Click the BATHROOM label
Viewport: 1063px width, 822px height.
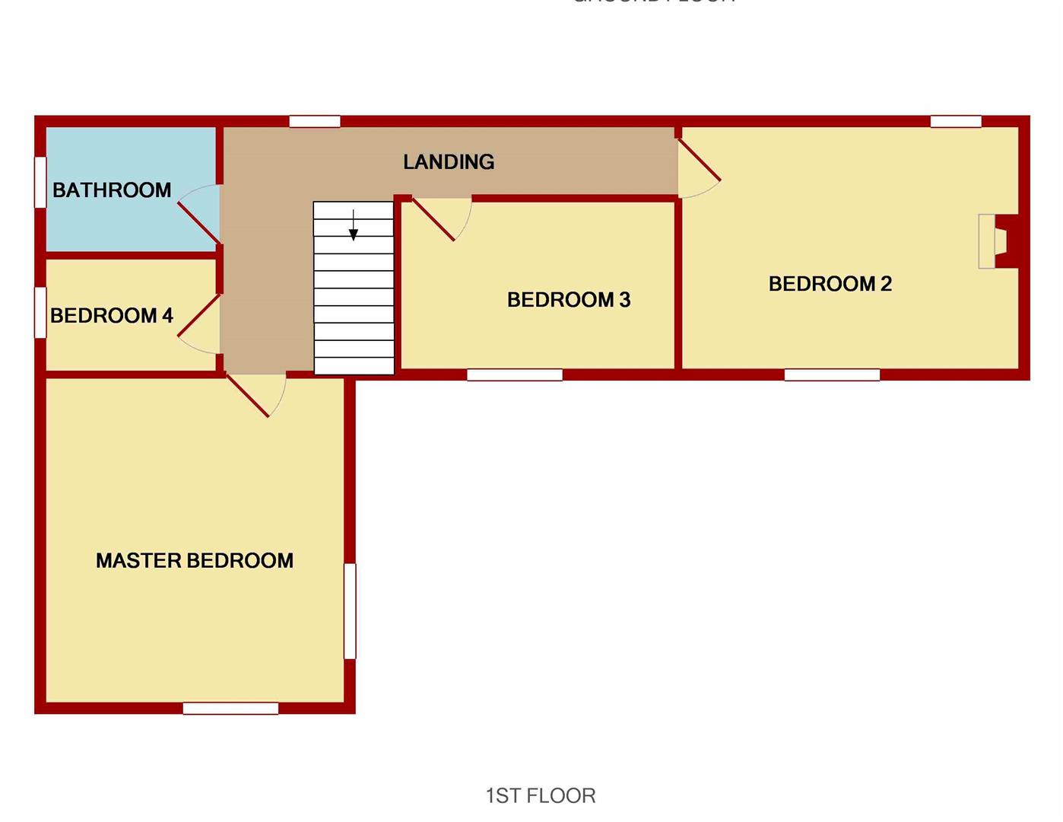click(x=112, y=190)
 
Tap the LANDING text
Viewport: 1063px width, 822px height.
click(x=449, y=161)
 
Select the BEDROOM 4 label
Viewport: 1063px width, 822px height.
click(x=112, y=315)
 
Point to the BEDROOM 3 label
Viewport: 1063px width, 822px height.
click(x=569, y=300)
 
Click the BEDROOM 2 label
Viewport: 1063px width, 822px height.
click(x=830, y=284)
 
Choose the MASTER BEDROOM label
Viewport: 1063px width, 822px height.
click(x=195, y=561)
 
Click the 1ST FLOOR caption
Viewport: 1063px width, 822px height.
click(x=541, y=796)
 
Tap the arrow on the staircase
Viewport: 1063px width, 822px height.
click(x=354, y=225)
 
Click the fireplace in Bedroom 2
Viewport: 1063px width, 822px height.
click(x=998, y=241)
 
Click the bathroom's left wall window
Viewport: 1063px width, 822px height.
click(x=41, y=182)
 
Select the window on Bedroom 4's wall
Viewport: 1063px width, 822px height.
click(x=41, y=312)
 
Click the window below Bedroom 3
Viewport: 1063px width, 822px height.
click(x=515, y=374)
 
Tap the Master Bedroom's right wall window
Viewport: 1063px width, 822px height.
click(x=350, y=610)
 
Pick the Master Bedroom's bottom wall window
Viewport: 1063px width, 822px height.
click(x=230, y=709)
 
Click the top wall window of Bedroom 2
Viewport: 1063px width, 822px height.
click(x=956, y=121)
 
